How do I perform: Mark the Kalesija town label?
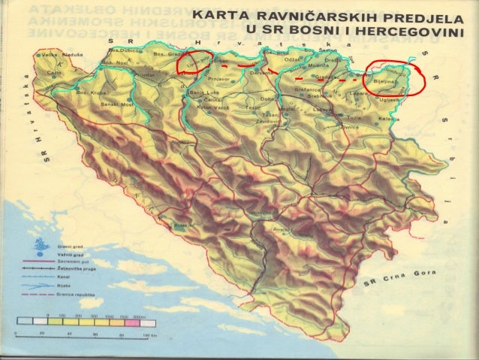[x=390, y=118]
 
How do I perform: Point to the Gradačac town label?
[x=328, y=76]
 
